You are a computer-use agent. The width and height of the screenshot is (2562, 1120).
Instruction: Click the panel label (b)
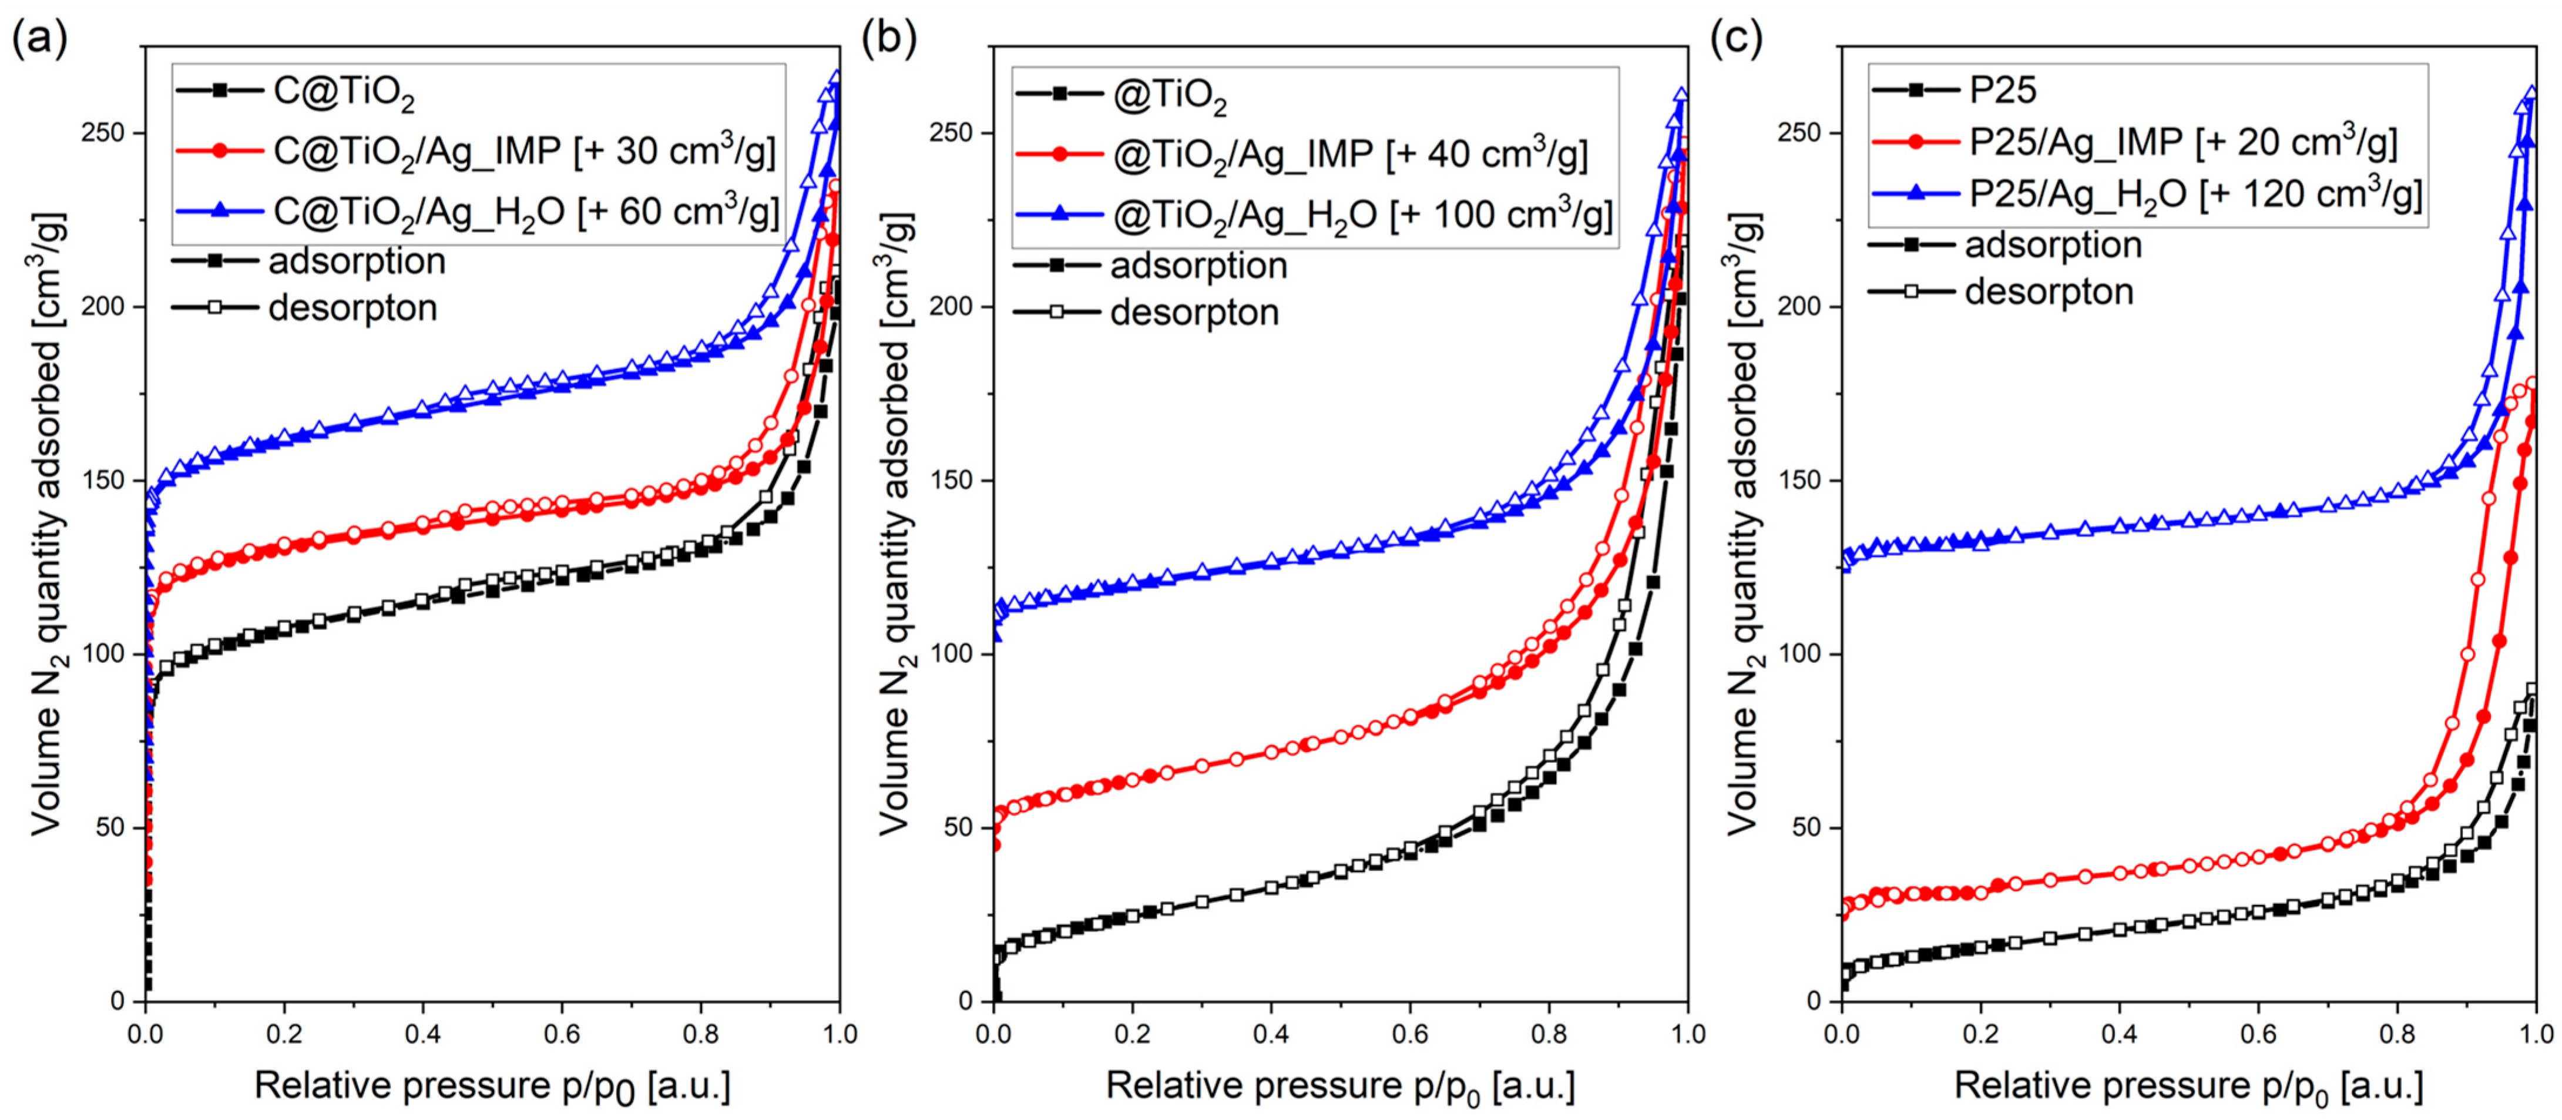(888, 40)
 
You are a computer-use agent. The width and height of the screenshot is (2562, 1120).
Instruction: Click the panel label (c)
(1735, 40)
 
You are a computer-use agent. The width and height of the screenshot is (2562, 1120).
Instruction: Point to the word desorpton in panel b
(1194, 313)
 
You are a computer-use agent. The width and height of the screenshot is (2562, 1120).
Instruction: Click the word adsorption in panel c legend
(2053, 244)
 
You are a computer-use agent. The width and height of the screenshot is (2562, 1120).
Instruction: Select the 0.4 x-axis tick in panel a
(422, 1034)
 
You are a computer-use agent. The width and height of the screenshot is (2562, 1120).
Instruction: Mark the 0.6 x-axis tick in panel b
(1411, 1034)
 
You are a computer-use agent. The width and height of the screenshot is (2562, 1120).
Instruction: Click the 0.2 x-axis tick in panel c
(1981, 1034)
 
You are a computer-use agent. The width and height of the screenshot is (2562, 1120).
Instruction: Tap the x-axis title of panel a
(492, 1086)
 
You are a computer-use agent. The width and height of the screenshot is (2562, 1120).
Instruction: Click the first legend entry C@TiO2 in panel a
(343, 92)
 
